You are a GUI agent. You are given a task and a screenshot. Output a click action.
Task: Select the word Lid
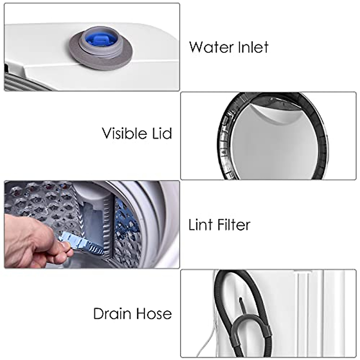(x=161, y=133)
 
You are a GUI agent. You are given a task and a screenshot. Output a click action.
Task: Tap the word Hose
(x=154, y=314)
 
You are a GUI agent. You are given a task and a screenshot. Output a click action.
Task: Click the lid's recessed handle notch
(x=264, y=111)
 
